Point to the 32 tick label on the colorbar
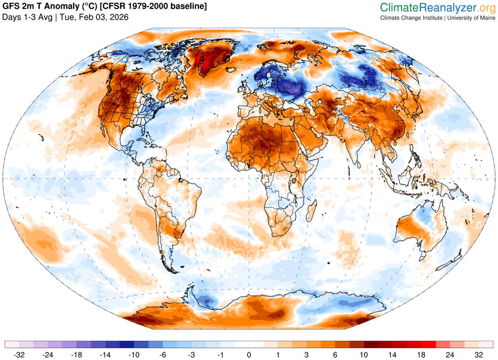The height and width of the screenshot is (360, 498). point(478,355)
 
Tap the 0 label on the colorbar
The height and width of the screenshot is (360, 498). point(249,355)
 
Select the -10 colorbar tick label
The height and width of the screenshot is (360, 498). point(134,355)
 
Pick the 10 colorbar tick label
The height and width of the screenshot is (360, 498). point(364,355)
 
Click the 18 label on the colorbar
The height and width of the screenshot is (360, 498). point(409,355)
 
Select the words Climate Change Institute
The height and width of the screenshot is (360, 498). point(411,18)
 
